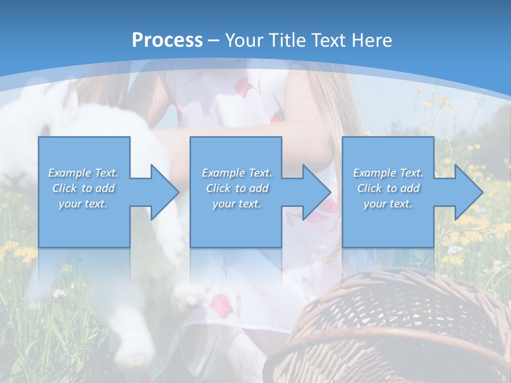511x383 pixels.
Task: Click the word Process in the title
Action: (x=167, y=40)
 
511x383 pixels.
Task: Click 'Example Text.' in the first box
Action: (x=84, y=173)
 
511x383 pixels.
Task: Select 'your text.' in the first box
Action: (x=84, y=204)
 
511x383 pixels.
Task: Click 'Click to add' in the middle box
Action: (x=237, y=188)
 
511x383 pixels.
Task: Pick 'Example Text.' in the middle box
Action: (x=237, y=173)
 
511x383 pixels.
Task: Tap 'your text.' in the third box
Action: (x=388, y=204)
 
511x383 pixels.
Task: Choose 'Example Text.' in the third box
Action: (x=388, y=173)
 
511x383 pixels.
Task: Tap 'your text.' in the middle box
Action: (x=237, y=204)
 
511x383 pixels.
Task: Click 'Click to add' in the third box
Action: (x=388, y=188)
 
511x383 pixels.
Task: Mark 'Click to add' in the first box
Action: (x=84, y=188)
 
